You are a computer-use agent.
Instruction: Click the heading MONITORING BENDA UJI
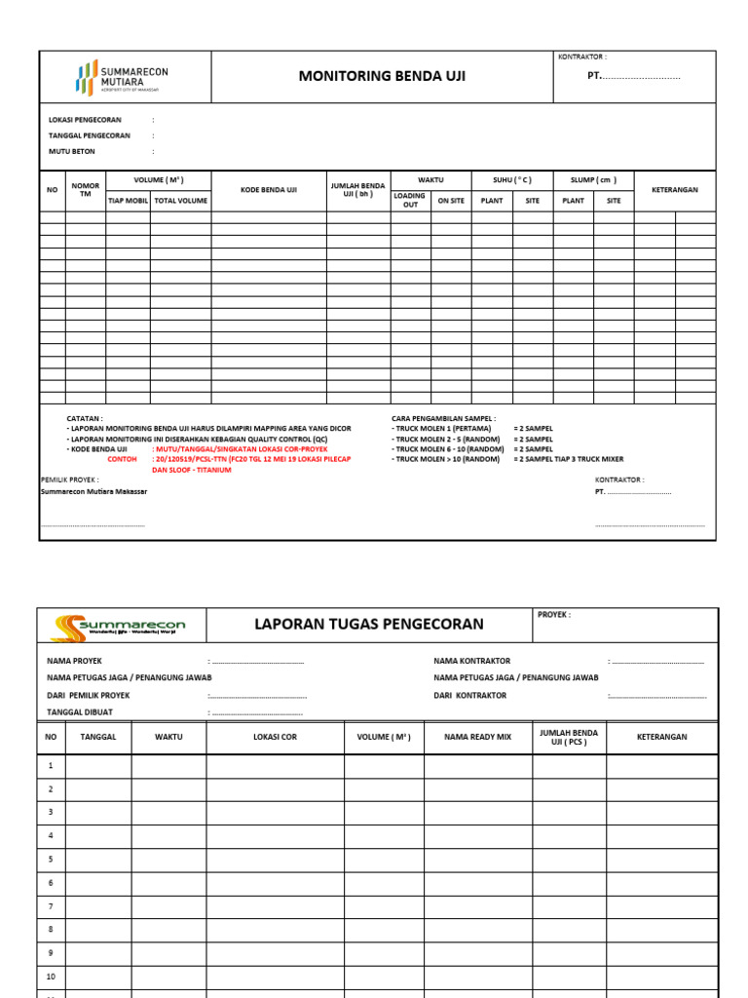[381, 76]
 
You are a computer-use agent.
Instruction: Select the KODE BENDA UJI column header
[269, 190]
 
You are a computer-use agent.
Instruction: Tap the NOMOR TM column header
[86, 190]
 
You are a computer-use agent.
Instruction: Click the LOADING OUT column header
[410, 200]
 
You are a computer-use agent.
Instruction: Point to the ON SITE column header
[451, 201]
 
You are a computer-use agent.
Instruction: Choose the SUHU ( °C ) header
[511, 180]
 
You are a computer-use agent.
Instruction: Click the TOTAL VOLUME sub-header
[180, 201]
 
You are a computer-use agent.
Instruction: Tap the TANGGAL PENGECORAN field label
[89, 135]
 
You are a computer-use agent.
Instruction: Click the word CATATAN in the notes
[84, 417]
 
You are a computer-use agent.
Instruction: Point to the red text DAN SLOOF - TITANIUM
[192, 469]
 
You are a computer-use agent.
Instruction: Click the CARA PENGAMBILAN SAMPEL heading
[443, 417]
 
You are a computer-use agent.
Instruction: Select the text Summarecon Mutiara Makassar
[93, 491]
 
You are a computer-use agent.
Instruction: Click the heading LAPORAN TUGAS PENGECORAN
[368, 624]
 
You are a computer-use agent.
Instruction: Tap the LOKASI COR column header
[275, 737]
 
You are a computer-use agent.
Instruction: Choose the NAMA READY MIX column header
[477, 737]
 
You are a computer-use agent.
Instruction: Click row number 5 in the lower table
[51, 859]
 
